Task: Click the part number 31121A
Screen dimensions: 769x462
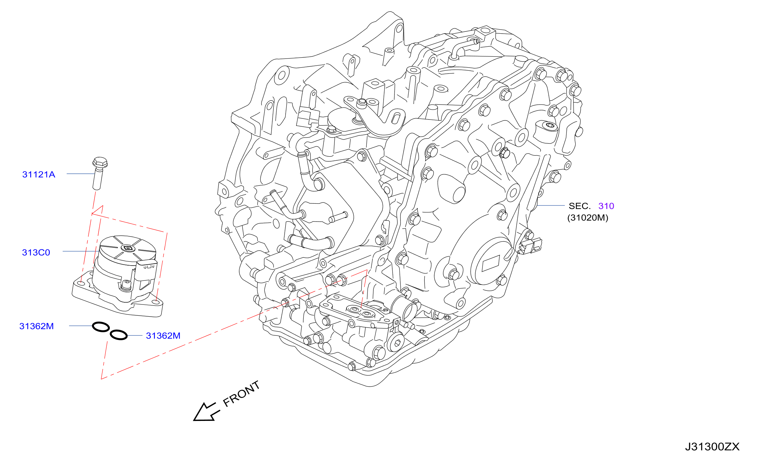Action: tap(39, 174)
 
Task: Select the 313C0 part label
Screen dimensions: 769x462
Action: tap(36, 252)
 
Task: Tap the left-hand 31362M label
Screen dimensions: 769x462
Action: tap(36, 326)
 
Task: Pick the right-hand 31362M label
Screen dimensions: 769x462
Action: tap(163, 336)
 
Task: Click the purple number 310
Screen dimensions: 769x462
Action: tap(606, 206)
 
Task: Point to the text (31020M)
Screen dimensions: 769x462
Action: tap(588, 218)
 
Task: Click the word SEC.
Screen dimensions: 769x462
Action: tap(580, 206)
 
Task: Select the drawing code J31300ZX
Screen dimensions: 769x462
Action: tap(712, 447)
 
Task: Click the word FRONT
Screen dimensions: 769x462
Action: tap(241, 394)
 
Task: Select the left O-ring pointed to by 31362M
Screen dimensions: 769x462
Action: tap(101, 327)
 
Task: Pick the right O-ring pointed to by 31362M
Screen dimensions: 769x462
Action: tap(119, 335)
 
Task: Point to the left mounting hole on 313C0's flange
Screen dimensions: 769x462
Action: tap(81, 283)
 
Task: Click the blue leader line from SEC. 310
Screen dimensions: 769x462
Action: tap(551, 205)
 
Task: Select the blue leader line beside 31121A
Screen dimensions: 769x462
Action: tap(80, 174)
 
